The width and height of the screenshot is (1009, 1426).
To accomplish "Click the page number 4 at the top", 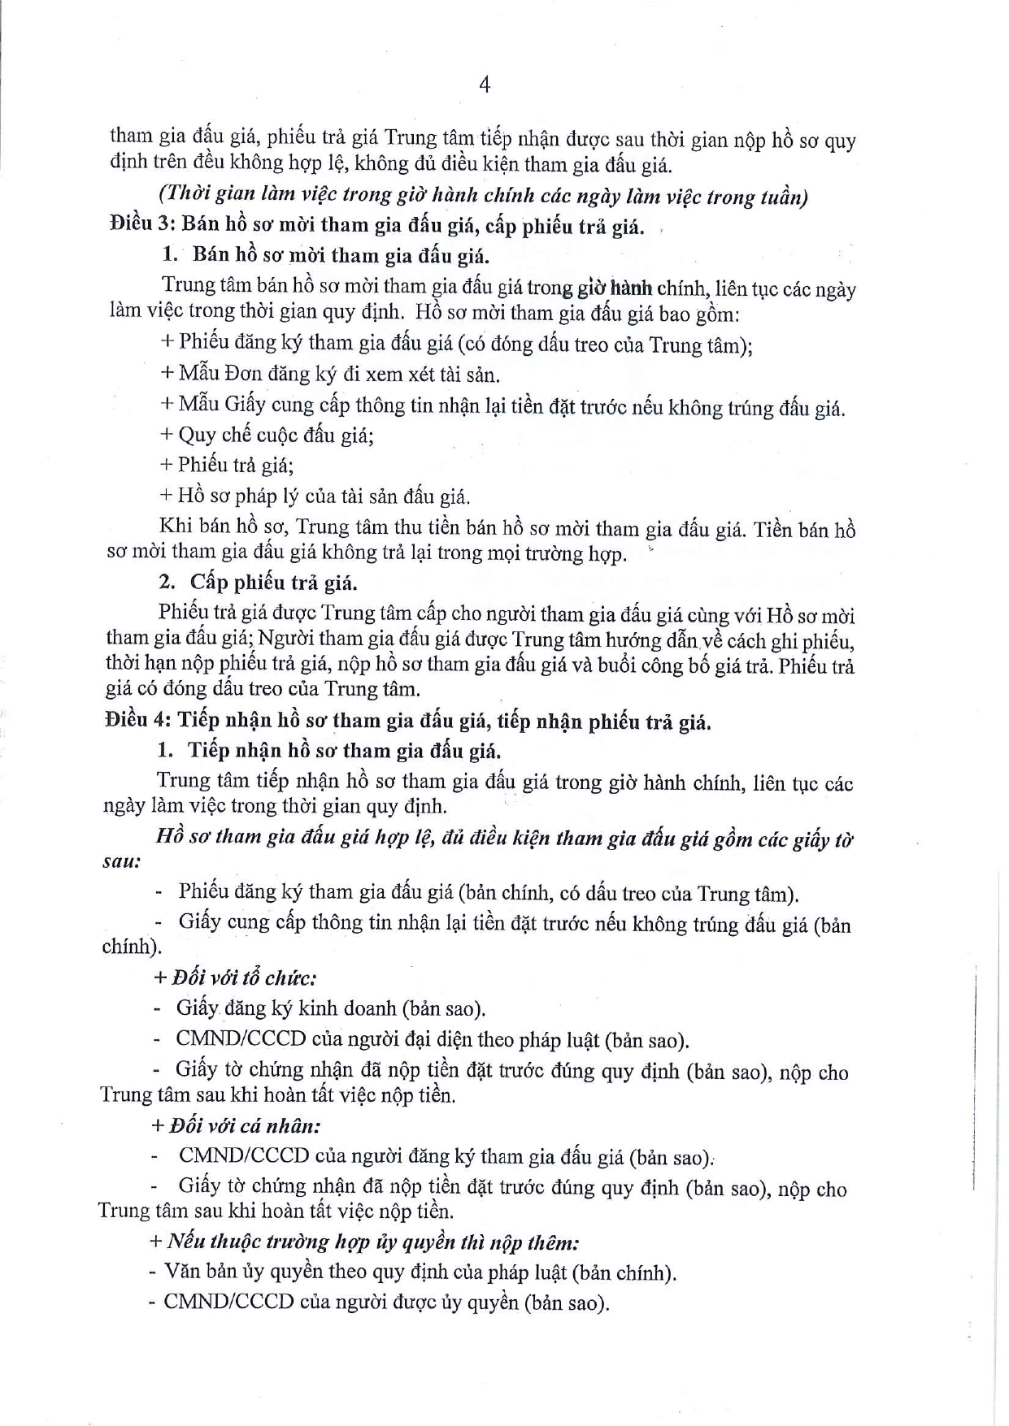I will click(x=485, y=85).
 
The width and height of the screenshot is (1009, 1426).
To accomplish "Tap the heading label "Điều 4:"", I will click(x=137, y=721).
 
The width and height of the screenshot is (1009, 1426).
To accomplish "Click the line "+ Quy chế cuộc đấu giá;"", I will click(x=267, y=435).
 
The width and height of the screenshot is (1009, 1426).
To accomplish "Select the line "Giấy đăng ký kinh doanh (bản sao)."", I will click(x=330, y=1008).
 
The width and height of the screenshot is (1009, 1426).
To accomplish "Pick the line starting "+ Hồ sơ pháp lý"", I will click(x=315, y=496).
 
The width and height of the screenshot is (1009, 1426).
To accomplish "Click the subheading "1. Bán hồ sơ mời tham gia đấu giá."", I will click(x=325, y=255).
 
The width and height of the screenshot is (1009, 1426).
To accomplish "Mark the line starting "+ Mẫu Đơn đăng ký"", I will click(x=330, y=375).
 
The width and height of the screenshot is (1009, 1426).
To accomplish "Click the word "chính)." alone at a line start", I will click(x=131, y=947).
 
